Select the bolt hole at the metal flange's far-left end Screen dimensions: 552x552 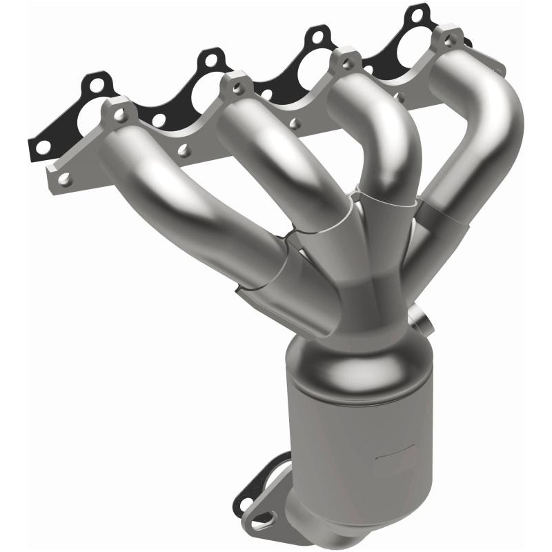tap(64, 179)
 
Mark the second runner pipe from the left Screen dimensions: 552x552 tap(290, 172)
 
